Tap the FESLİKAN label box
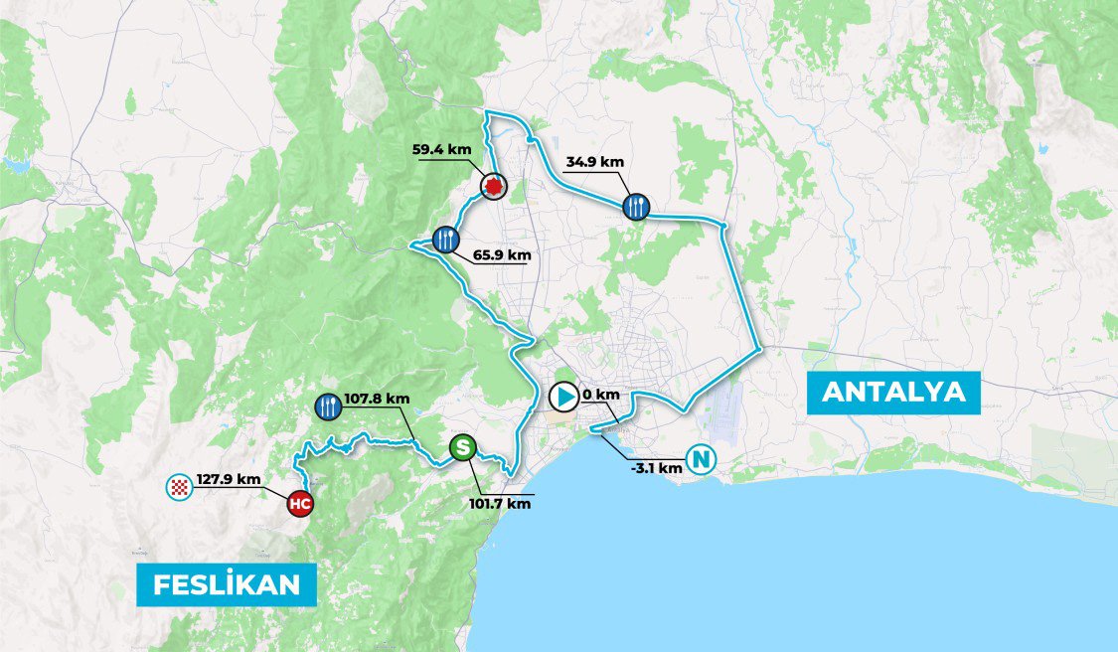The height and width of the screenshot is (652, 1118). [x=227, y=584]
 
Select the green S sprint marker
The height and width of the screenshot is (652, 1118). [x=461, y=448]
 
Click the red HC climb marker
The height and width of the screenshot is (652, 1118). [x=300, y=504]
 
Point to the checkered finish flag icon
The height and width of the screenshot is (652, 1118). [x=179, y=486]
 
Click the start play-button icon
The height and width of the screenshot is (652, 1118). [x=562, y=398]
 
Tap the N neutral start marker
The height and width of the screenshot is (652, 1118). [x=702, y=460]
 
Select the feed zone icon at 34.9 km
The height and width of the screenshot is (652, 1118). [x=636, y=207]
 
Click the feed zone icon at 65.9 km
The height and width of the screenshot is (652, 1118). [x=446, y=239]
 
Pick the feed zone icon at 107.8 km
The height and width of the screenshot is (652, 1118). [x=327, y=405]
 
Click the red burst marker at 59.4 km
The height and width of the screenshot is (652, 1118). [x=493, y=185]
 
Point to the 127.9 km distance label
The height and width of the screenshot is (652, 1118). [x=229, y=479]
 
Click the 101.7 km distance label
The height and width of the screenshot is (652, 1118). [x=500, y=503]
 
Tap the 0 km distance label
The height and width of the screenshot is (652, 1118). [x=601, y=395]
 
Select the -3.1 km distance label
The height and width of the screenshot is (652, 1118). [x=657, y=467]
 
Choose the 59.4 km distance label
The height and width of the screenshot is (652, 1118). [x=441, y=150]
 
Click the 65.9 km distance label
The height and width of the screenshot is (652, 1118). [x=502, y=255]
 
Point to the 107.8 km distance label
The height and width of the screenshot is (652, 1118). [x=377, y=399]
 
